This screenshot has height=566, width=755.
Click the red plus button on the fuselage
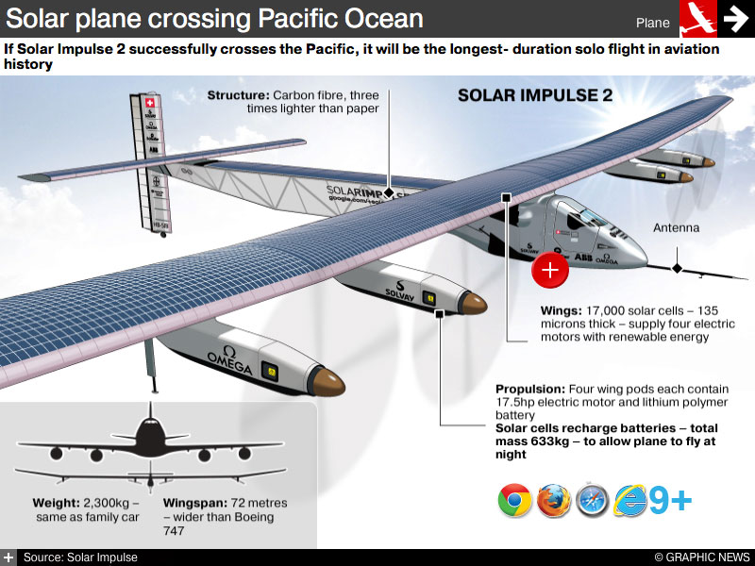[x=550, y=269]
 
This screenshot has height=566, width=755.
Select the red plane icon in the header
[x=697, y=19]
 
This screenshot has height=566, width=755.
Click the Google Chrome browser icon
[x=515, y=500]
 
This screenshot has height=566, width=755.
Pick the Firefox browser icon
[x=554, y=500]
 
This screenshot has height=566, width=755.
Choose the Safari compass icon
[x=592, y=500]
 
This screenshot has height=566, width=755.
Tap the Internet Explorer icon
[x=629, y=500]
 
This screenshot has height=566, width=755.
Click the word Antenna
[x=677, y=227]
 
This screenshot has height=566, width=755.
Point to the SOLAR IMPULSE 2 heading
[x=534, y=95]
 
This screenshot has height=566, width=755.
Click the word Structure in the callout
[x=238, y=95]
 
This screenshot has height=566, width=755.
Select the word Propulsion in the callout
[x=529, y=390]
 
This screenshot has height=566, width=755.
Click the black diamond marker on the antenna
[x=676, y=269]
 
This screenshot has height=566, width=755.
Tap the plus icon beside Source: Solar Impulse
[x=8, y=558]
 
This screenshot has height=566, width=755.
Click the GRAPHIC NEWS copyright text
[x=702, y=558]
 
